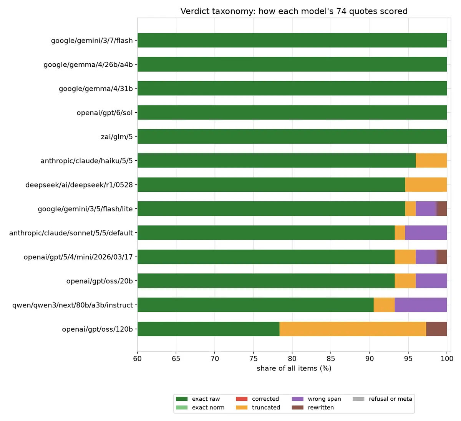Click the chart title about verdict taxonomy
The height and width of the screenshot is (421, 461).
[294, 11]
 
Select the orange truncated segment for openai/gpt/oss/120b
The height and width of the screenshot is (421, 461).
[353, 329]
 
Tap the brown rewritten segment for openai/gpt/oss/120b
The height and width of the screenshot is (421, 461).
[436, 329]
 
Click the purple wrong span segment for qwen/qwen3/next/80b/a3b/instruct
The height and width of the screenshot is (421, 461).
[421, 305]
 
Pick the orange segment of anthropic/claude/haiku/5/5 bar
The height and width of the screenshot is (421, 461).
[431, 160]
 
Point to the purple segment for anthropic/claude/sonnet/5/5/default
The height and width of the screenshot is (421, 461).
[426, 233]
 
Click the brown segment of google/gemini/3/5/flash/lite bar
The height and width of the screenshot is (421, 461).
[442, 209]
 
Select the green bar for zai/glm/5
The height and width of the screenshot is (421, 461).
[292, 136]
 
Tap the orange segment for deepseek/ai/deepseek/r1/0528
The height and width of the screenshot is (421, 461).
[426, 184]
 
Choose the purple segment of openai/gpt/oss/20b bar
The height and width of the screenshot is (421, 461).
[431, 281]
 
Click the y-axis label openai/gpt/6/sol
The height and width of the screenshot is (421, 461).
[105, 113]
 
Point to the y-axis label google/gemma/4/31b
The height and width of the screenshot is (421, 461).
[96, 89]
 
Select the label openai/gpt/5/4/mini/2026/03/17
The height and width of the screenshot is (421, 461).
[78, 257]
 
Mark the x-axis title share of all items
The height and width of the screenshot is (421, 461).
[294, 368]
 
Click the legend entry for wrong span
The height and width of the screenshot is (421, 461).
[316, 399]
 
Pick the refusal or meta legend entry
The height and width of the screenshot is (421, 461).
[382, 399]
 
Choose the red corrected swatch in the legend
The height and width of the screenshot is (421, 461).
[242, 399]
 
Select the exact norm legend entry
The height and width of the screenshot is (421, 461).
[200, 408]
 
